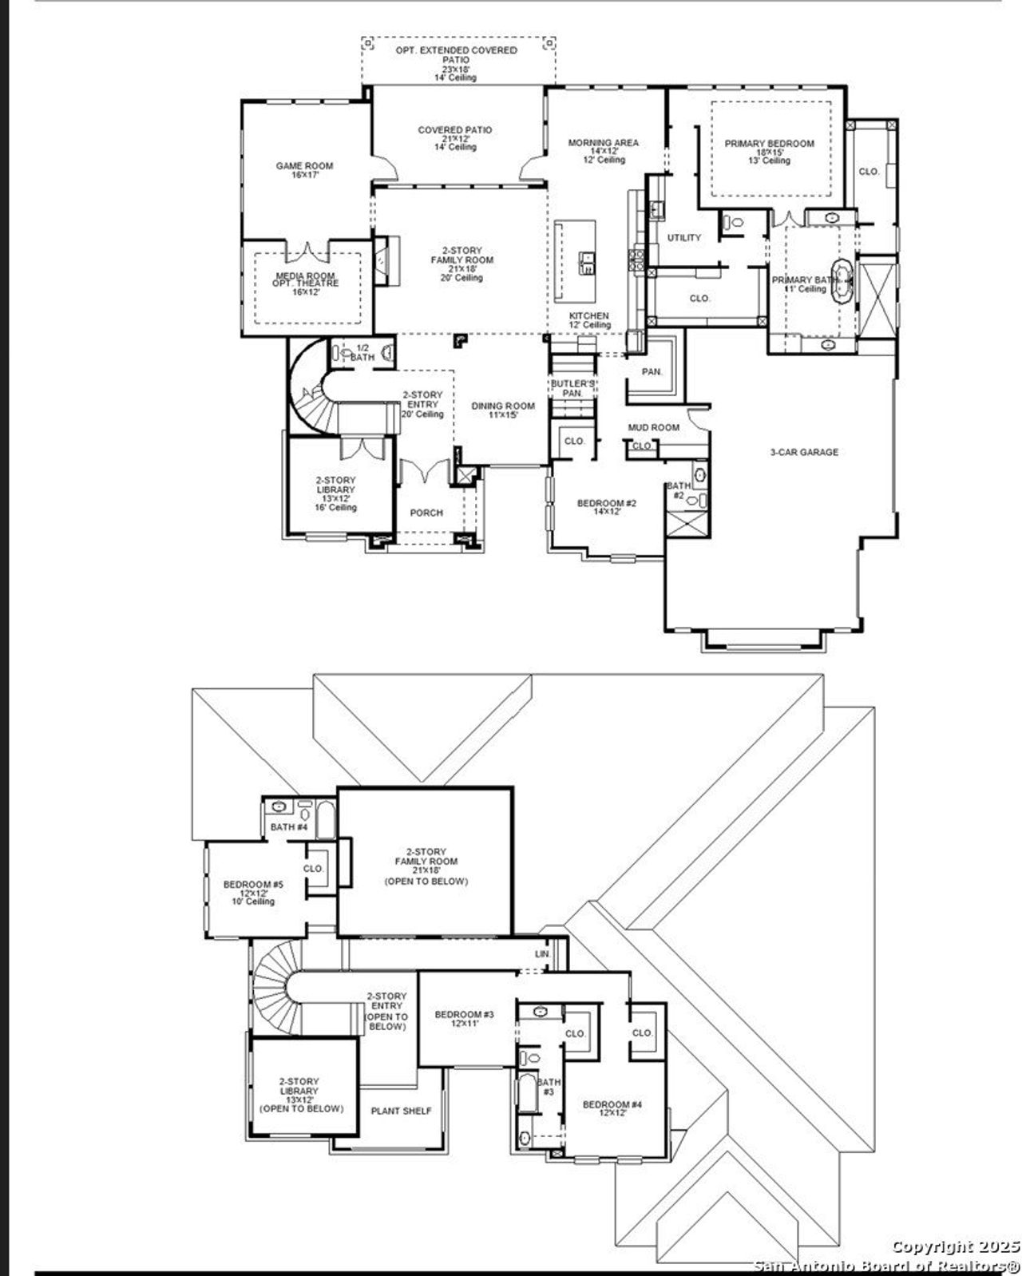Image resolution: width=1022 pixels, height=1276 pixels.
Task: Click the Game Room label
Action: click(x=304, y=170)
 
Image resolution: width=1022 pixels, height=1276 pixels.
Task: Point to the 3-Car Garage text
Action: click(x=803, y=452)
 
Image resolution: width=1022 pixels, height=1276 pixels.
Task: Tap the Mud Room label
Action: click(x=653, y=428)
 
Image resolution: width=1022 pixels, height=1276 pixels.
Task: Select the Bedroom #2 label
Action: click(x=606, y=507)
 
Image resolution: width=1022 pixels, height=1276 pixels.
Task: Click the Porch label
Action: click(x=426, y=513)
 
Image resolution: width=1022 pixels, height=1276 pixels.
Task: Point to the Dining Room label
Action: click(x=502, y=410)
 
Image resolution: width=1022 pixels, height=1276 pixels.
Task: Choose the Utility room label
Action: click(x=684, y=238)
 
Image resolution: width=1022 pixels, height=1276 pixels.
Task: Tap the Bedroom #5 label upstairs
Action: click(x=253, y=892)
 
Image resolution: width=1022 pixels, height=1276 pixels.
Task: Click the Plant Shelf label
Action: click(x=401, y=1111)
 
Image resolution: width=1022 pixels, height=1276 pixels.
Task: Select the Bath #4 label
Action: click(x=288, y=826)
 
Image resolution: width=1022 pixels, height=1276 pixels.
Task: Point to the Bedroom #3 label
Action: click(x=464, y=1019)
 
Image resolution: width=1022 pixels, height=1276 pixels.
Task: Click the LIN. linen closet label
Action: click(x=543, y=954)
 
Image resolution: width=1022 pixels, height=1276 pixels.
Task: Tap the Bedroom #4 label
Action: click(x=612, y=1109)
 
